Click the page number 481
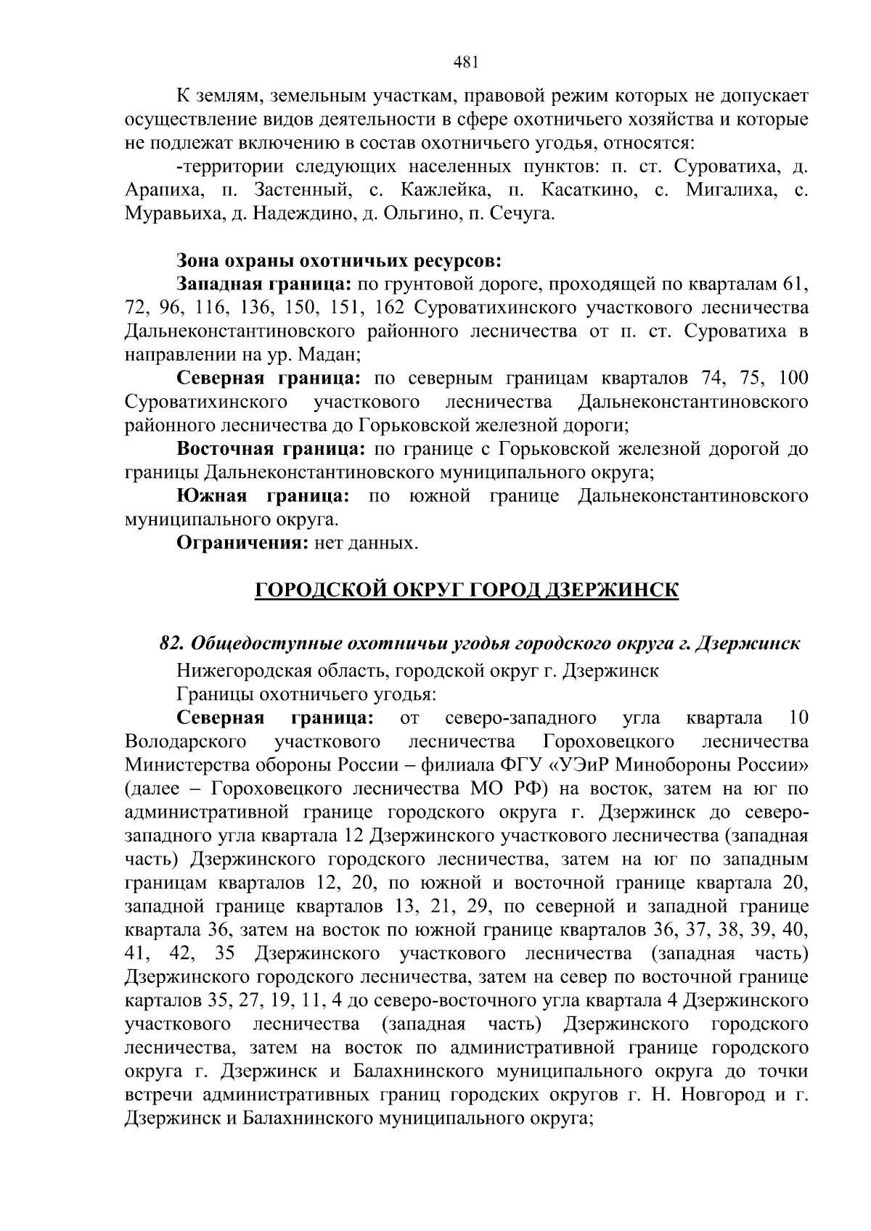(x=465, y=62)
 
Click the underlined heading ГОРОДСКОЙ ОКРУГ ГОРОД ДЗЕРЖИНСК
(x=466, y=590)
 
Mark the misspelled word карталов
(x=164, y=1001)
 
